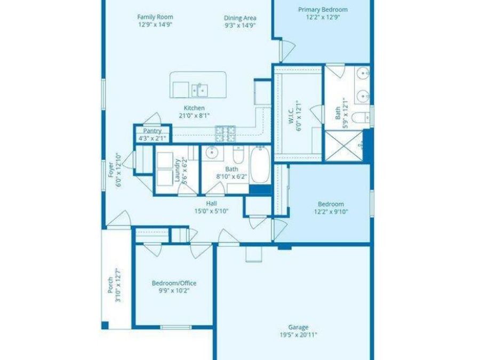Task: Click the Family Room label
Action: click(x=155, y=17)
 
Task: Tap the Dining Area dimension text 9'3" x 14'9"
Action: click(x=240, y=25)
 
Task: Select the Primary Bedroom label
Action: click(x=323, y=10)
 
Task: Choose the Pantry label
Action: click(x=152, y=131)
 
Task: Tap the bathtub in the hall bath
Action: click(x=260, y=166)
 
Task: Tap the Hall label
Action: click(x=211, y=203)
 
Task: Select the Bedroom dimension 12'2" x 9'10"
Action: click(x=331, y=211)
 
